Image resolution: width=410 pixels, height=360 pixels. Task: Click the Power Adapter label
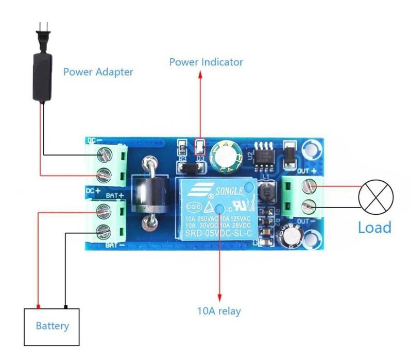[x=98, y=72]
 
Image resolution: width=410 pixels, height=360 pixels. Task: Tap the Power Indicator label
[x=206, y=62]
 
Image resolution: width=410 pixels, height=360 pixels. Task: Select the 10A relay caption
[x=219, y=311]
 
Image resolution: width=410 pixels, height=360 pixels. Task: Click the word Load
[x=374, y=227]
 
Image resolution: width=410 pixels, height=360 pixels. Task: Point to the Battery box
[x=52, y=326]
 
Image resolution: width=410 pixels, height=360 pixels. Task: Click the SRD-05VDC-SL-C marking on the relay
[x=216, y=235]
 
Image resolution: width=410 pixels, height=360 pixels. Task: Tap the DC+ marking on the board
[x=93, y=191]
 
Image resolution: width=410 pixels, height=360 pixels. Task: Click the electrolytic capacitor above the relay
[x=227, y=156]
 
